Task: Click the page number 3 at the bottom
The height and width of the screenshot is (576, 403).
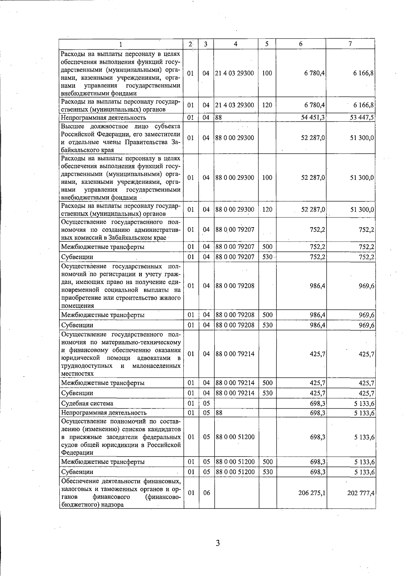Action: click(218, 543)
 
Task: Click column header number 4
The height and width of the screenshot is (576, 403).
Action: click(236, 44)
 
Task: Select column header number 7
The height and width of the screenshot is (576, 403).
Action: click(350, 44)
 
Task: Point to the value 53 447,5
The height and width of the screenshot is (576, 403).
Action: click(362, 118)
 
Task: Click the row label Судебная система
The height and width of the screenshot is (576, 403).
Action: click(87, 403)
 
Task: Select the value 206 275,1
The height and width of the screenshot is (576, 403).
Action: click(312, 493)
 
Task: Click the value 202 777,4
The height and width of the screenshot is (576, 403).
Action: click(361, 493)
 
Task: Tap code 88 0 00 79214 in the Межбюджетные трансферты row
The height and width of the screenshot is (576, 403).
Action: click(235, 383)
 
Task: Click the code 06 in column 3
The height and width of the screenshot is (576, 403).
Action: click(207, 493)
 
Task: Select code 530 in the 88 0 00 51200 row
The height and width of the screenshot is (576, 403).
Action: click(267, 472)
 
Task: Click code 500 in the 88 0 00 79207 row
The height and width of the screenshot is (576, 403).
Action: click(267, 247)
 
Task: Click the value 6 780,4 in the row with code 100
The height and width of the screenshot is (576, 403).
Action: click(315, 73)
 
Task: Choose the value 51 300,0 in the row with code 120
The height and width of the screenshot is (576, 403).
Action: click(362, 210)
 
